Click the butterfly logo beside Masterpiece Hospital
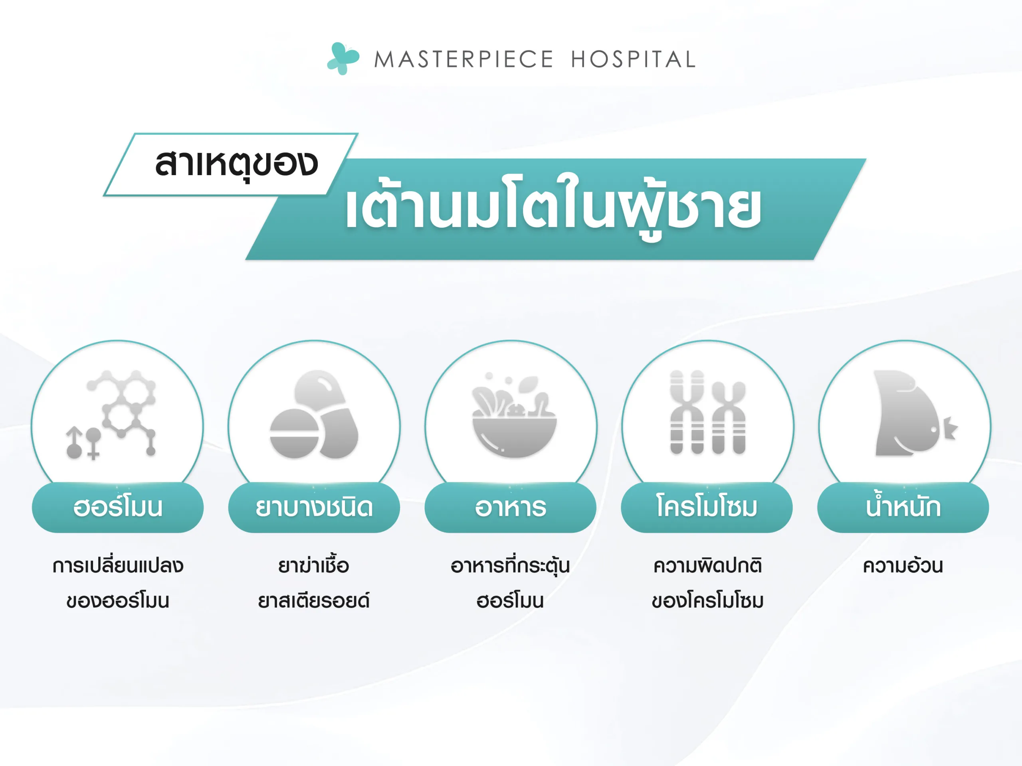click(x=343, y=59)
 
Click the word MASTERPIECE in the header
click(x=463, y=59)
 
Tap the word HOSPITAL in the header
click(x=634, y=59)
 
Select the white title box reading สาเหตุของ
click(x=231, y=165)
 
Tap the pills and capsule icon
click(x=314, y=414)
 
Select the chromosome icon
click(x=707, y=412)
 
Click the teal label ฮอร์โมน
click(x=118, y=507)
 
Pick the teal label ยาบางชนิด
click(x=314, y=507)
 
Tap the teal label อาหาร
click(x=511, y=507)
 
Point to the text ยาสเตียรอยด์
click(x=314, y=600)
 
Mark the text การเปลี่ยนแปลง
click(x=118, y=565)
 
